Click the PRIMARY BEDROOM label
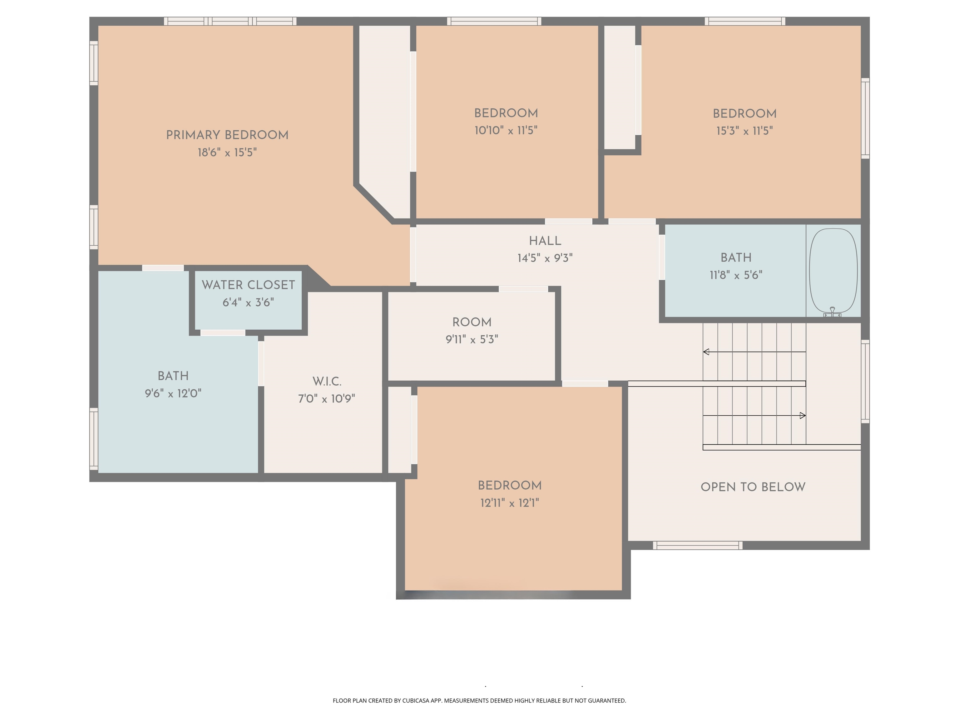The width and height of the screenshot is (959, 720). pos(227,135)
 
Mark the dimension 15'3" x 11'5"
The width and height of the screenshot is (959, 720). pos(744,131)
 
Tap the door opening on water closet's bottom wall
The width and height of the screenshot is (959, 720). pos(223,333)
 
